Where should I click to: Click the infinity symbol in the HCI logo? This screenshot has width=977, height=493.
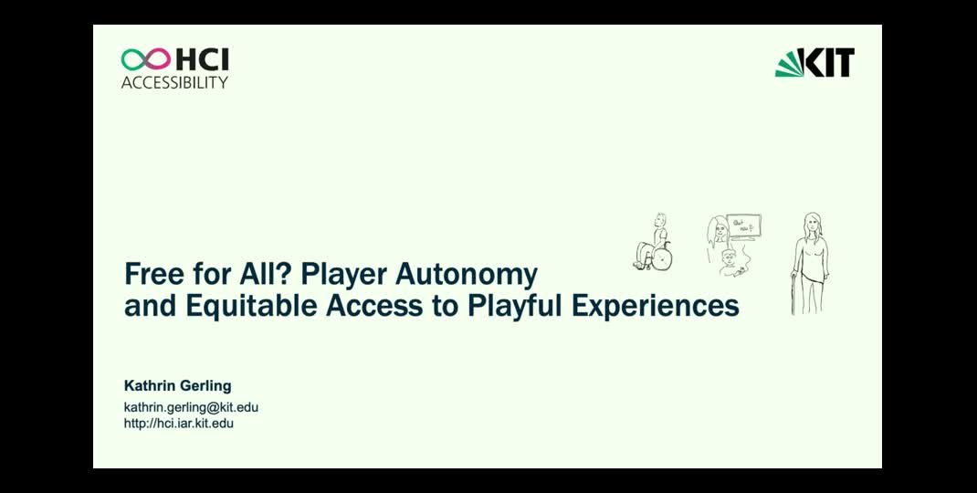pos(146,60)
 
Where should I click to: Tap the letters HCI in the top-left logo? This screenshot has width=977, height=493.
pos(202,60)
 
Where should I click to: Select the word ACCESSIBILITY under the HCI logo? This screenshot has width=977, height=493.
pos(175,82)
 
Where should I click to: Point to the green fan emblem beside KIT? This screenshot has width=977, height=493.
pos(788,64)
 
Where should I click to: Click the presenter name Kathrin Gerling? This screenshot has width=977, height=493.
pos(177,386)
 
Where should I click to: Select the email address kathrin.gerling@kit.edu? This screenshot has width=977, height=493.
pos(191,407)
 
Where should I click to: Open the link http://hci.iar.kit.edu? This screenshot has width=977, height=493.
pos(179,424)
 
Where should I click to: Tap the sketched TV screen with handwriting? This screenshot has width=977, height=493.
pos(744,226)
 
